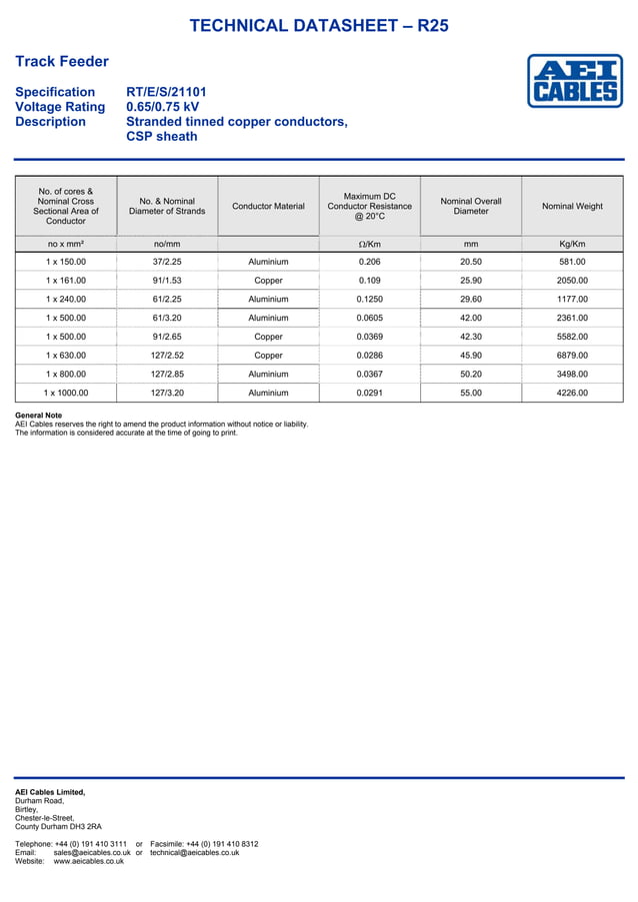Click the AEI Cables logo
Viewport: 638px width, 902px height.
(575, 81)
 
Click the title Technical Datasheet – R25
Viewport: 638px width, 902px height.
(319, 26)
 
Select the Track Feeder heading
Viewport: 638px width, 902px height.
(62, 62)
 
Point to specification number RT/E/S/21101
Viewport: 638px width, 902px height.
(166, 92)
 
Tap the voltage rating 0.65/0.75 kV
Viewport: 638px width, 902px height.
(162, 107)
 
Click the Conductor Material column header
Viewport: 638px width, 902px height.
(268, 207)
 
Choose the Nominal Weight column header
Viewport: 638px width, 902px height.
(572, 207)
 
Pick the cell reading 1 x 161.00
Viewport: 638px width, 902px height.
(66, 281)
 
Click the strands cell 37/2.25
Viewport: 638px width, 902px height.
(166, 262)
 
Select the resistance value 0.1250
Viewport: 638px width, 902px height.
(369, 299)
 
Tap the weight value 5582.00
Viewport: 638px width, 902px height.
(572, 337)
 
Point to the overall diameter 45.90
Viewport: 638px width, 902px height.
(471, 356)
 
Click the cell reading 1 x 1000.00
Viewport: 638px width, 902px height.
(66, 393)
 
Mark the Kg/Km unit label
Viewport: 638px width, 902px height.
(572, 244)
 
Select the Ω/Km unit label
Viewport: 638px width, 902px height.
(369, 244)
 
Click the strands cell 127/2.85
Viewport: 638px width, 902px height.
(166, 375)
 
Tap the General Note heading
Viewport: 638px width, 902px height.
(38, 416)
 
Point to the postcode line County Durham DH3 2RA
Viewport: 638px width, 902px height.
(58, 827)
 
